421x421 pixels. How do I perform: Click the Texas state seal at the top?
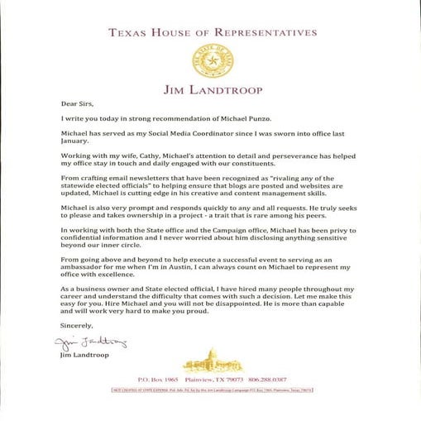(211, 60)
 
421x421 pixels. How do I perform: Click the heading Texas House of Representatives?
(211, 33)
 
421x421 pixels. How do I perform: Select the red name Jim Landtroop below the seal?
(210, 89)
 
